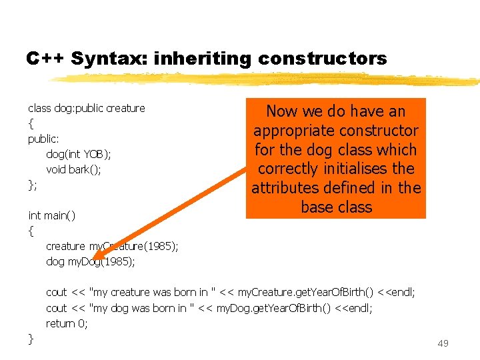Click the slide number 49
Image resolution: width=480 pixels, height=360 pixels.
coord(443,343)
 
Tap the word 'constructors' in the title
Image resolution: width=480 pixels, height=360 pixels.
coord(322,59)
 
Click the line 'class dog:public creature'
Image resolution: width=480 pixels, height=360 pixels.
coord(86,108)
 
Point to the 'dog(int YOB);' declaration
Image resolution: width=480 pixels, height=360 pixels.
coord(79,154)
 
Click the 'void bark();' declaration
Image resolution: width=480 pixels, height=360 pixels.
coord(73,169)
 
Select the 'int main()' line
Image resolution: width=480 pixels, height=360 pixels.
coord(51,215)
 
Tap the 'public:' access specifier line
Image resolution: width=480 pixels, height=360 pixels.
coord(43,139)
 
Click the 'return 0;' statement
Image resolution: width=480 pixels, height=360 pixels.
coord(67,323)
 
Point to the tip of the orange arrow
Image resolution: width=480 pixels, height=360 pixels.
coord(94,258)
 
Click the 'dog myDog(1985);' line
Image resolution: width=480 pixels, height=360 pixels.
coord(90,261)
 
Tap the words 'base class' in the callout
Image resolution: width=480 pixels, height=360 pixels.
coord(336,207)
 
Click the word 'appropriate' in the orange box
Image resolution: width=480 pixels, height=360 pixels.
coord(294,131)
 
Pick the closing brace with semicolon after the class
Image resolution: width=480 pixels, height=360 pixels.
coord(32,185)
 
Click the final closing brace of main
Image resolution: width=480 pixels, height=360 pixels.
coord(31,339)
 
